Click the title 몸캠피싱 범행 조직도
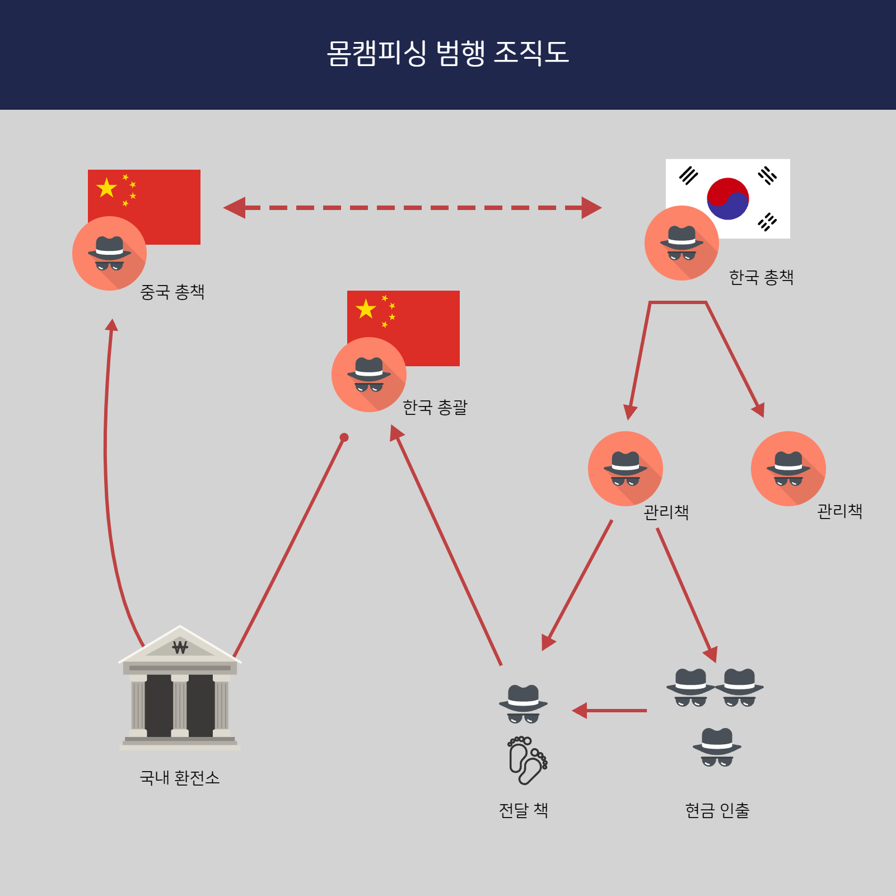[x=448, y=53]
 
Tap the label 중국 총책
[x=172, y=292]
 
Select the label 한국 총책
[x=761, y=277]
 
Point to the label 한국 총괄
[x=435, y=407]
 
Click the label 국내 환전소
[x=179, y=778]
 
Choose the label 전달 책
[x=523, y=810]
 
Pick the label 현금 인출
[x=717, y=810]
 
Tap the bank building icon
[x=180, y=689]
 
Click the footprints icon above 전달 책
[x=527, y=760]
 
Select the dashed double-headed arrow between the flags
[x=412, y=208]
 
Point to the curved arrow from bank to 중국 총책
[x=106, y=476]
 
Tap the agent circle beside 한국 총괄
[x=368, y=375]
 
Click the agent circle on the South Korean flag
[x=682, y=243]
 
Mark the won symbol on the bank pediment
[x=180, y=648]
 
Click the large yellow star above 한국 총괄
[x=366, y=309]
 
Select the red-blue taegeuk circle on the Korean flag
[x=728, y=199]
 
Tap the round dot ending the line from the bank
[x=344, y=437]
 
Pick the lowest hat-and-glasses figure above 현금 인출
[x=717, y=747]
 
